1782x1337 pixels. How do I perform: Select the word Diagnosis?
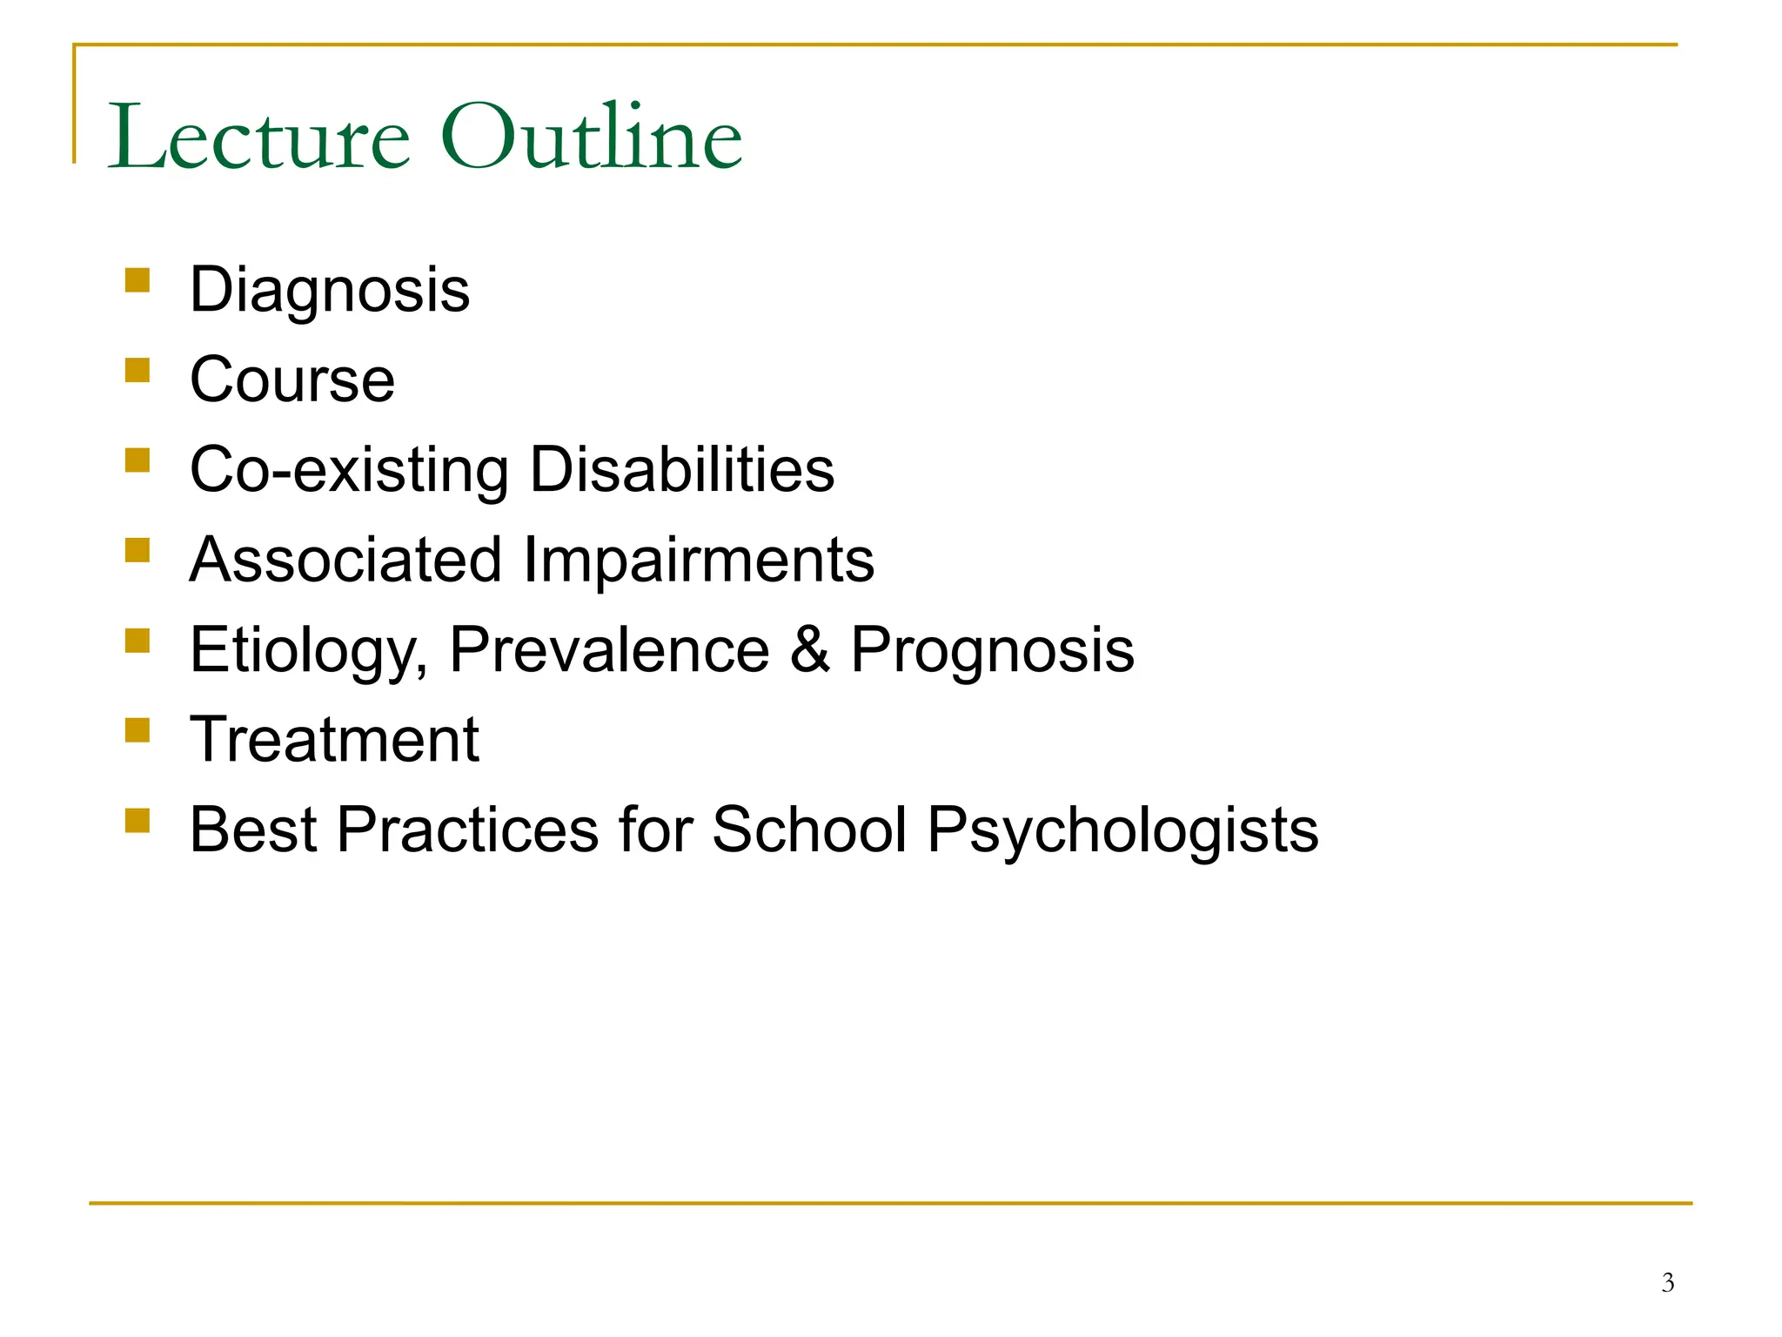[330, 291]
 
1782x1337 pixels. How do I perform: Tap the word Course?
[292, 380]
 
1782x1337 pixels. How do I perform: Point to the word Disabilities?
[682, 470]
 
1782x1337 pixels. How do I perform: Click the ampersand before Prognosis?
[810, 650]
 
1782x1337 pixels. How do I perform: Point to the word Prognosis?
[993, 651]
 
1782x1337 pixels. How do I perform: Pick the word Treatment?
[334, 740]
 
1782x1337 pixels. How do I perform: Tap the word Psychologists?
[1122, 831]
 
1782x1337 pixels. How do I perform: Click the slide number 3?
[1667, 1283]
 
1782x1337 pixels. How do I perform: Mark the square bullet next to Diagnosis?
[137, 280]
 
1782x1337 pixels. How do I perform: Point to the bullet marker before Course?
[137, 371]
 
